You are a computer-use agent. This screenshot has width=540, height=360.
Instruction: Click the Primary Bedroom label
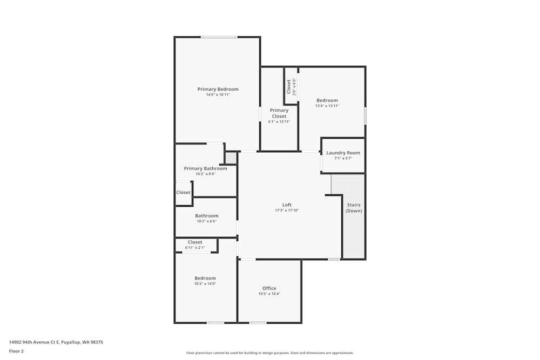(218, 89)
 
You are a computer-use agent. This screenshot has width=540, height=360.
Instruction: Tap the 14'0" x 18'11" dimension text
(218, 95)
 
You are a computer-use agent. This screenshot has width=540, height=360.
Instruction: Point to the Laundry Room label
(343, 153)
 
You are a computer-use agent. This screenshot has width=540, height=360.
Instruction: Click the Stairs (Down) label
(354, 208)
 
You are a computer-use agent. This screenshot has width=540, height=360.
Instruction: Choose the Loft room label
(287, 205)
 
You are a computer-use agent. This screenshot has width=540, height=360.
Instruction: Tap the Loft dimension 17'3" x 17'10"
(287, 210)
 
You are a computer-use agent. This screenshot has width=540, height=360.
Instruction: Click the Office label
(269, 288)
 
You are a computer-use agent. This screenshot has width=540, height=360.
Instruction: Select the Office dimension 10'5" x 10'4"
(269, 294)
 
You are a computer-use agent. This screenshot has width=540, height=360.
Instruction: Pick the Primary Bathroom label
(205, 168)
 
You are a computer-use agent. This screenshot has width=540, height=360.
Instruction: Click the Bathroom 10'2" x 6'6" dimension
(207, 221)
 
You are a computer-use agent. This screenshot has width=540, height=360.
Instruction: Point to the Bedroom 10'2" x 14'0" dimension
(205, 284)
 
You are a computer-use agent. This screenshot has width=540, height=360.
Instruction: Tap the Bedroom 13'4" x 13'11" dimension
(327, 106)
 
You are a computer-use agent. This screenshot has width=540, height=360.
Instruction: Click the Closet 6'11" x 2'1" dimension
(195, 248)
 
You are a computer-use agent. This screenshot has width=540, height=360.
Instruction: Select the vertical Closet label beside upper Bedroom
(289, 86)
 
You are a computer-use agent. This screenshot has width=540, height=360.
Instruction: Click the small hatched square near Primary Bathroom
(231, 158)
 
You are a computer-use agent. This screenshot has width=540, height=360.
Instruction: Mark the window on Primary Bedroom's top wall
(219, 37)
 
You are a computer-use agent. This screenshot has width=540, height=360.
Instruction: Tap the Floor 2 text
(16, 351)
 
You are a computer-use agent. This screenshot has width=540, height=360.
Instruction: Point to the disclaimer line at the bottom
(269, 353)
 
